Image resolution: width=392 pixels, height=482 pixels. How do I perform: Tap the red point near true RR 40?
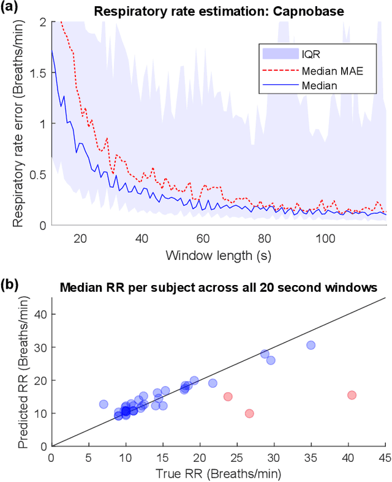352,395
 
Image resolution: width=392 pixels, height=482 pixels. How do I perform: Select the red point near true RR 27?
249,413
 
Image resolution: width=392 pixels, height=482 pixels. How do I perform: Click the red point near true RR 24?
228,396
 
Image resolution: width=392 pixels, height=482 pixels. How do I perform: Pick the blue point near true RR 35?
311,345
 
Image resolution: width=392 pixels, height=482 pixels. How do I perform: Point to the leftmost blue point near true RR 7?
104,404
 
